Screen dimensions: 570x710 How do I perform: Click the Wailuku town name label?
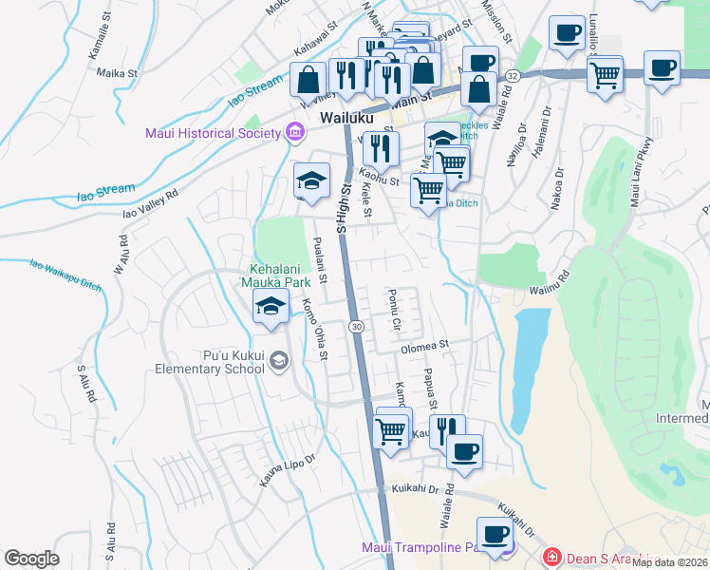coord(347,119)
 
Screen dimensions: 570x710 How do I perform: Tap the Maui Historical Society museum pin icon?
coord(295,133)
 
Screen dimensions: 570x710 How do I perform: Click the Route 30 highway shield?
coord(355,326)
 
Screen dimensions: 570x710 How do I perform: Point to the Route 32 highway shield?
coord(513,75)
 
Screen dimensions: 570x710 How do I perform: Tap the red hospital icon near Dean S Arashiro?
coord(549,557)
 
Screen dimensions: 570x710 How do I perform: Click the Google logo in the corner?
coord(32,559)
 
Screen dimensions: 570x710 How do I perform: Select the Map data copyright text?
coord(670,562)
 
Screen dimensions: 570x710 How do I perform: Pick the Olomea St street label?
coord(422,348)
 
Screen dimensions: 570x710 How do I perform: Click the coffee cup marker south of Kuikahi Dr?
coord(494,536)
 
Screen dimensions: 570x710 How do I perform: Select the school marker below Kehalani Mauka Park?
coord(271,306)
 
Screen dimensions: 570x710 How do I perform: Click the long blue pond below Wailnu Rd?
coord(528,361)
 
